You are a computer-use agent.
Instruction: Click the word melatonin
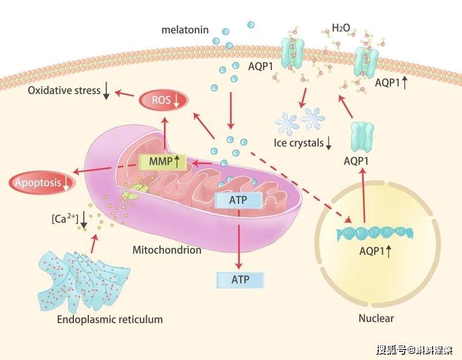pos(185,30)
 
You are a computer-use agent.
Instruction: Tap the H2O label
pos(341,28)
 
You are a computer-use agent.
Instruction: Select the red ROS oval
pos(163,101)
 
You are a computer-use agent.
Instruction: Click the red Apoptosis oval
pos(42,183)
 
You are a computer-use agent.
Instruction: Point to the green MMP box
pos(163,162)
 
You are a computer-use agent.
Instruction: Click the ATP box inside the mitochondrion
pos(239,200)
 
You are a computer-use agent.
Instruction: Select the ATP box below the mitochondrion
pos(240,280)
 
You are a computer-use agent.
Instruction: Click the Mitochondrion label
pos(167,250)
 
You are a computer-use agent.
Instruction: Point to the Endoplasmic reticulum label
pos(110,320)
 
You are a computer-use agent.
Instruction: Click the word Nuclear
pos(376,318)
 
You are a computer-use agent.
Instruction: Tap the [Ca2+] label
pos(65,219)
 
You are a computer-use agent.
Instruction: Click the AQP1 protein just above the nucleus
pos(362,138)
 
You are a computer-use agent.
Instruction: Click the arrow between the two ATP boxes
pos(239,239)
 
